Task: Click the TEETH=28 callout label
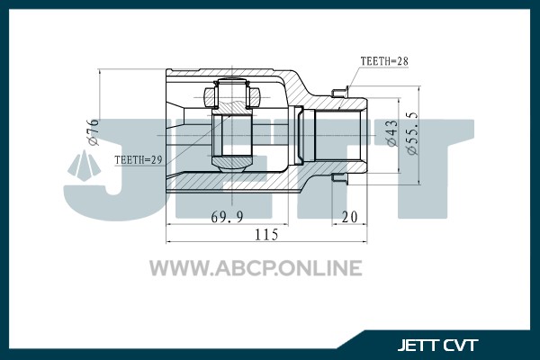[x=384, y=61]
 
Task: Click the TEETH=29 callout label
[x=138, y=160]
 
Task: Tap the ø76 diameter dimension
[x=93, y=132]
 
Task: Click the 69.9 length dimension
[x=227, y=217]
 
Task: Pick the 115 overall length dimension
[x=266, y=235]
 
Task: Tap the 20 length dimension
[x=349, y=217]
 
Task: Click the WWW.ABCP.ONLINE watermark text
[x=256, y=268]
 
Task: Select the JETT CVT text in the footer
[x=437, y=346]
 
